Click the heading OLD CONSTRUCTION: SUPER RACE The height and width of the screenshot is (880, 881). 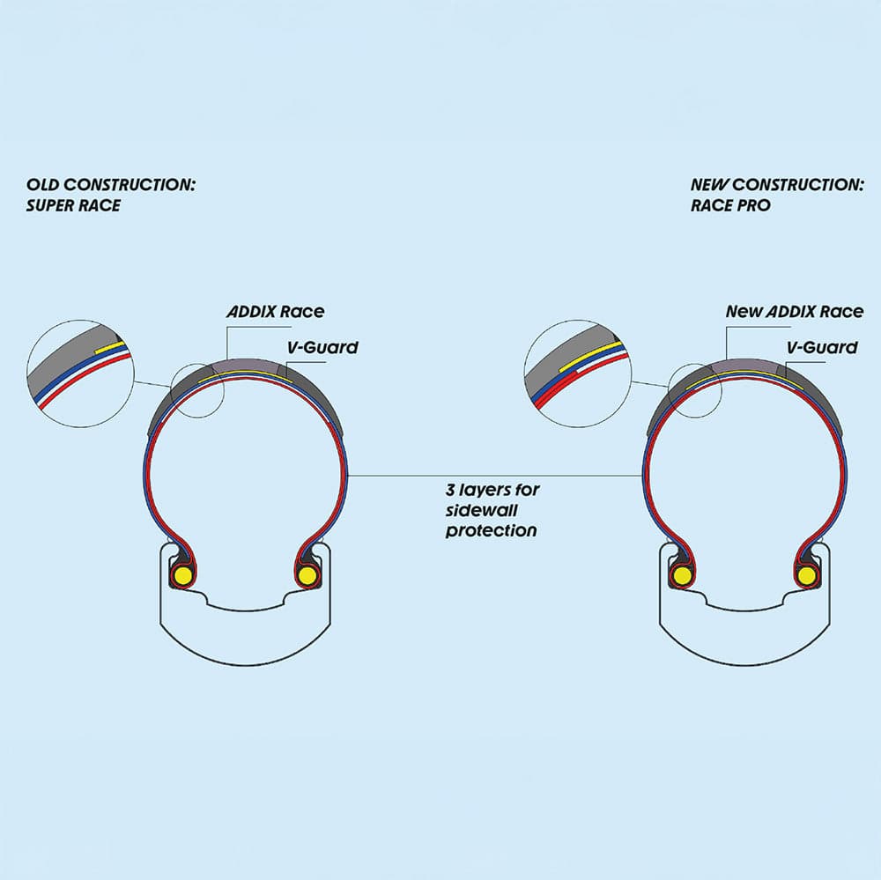tap(110, 195)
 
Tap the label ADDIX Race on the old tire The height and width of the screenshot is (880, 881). tap(275, 312)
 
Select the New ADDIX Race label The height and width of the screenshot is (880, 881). tap(794, 312)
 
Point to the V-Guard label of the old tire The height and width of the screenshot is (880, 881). tap(323, 347)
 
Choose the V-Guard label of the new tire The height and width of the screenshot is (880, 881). tap(820, 347)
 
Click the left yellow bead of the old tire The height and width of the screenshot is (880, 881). tap(183, 576)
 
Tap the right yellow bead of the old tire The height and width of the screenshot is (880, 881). tap(307, 576)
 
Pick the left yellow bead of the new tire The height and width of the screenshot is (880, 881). tap(680, 576)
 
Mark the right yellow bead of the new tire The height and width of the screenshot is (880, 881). tap(805, 576)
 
